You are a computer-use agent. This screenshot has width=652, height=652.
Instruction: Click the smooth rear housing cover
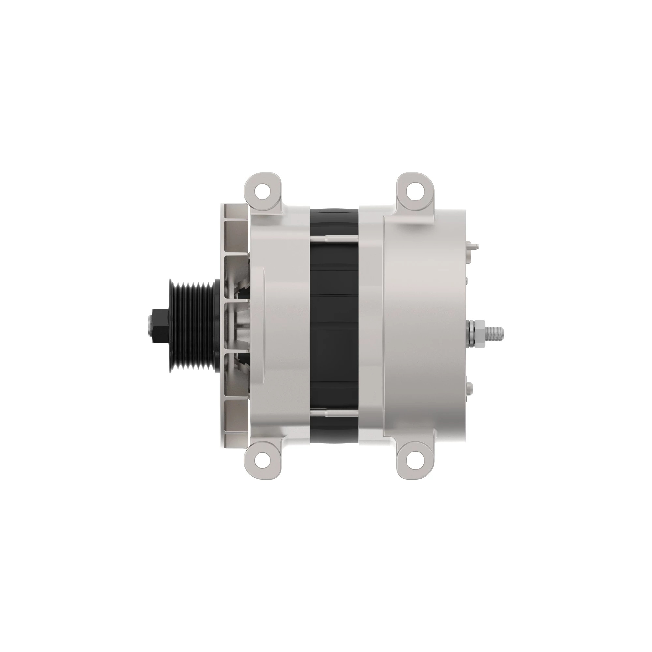(x=425, y=324)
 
